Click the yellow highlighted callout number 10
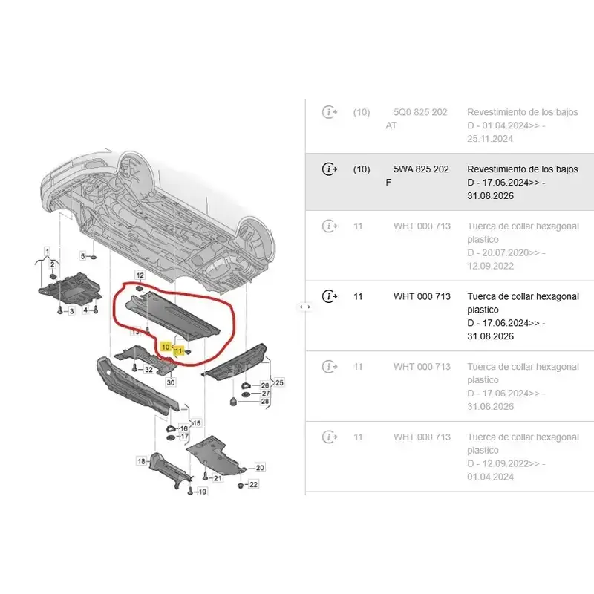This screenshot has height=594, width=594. (x=166, y=347)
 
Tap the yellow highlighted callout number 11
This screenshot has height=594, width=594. (x=178, y=351)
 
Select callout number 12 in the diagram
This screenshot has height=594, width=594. (x=140, y=275)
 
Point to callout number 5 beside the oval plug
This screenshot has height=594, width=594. (x=83, y=256)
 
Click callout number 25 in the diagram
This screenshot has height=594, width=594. (x=280, y=382)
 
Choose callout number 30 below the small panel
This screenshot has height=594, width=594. (x=171, y=382)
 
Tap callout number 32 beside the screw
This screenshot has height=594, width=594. (x=149, y=369)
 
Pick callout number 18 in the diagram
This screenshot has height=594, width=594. (x=141, y=461)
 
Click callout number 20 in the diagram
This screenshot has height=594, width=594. (x=260, y=468)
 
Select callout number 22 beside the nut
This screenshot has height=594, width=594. (x=253, y=484)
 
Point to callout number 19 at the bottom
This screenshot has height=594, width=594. (x=202, y=492)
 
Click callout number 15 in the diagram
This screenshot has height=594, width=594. (x=197, y=422)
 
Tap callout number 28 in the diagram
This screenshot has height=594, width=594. (x=265, y=401)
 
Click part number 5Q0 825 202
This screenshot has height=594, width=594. (x=420, y=112)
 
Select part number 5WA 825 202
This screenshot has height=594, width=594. (x=421, y=169)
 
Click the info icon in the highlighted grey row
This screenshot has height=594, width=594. (x=329, y=169)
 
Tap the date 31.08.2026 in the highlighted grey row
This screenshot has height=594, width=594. (x=490, y=196)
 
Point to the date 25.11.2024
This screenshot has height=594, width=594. (x=490, y=139)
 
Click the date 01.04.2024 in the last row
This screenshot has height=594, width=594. (x=490, y=477)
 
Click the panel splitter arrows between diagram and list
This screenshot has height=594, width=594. (x=305, y=307)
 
